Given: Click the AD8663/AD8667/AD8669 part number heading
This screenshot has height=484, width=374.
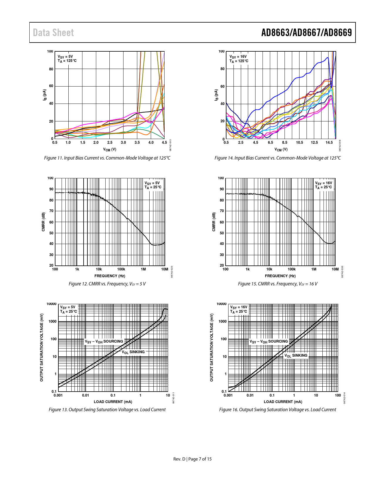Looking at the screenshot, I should [x=306, y=33].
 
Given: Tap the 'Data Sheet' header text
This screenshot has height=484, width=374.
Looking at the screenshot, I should [x=53, y=33].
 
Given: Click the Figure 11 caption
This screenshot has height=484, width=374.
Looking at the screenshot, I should [x=107, y=158].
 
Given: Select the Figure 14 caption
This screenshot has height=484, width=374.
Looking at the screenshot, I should [x=277, y=158].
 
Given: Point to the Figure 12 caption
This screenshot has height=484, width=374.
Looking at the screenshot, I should [x=107, y=284].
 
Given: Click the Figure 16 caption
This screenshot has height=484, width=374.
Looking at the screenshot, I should [x=277, y=410].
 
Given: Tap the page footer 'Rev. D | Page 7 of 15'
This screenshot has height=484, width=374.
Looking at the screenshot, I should [x=192, y=459].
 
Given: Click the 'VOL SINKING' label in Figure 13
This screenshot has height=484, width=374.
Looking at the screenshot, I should [x=133, y=352].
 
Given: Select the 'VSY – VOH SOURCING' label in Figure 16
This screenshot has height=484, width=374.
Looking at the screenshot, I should [x=268, y=341].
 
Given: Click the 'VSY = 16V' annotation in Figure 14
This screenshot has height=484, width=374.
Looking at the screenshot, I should [x=238, y=57].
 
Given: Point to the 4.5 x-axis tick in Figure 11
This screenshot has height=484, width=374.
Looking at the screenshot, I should [x=164, y=143].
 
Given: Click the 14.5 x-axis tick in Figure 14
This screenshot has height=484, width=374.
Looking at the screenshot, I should [x=329, y=143].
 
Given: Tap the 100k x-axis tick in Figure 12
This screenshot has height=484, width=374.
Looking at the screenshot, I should [x=121, y=269].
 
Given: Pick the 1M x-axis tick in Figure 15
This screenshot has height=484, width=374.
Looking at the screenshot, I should [x=314, y=269].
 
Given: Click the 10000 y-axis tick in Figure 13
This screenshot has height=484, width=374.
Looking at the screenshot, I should [x=51, y=304].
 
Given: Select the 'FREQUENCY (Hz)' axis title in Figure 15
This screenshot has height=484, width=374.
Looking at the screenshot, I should [x=280, y=276].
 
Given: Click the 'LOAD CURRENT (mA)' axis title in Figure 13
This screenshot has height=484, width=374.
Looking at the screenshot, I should [x=113, y=402].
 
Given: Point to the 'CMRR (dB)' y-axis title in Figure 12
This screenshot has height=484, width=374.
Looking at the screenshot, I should [x=43, y=222].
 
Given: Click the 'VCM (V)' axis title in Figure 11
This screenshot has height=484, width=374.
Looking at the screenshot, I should [x=110, y=150].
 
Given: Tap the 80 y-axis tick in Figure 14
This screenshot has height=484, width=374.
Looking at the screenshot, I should [x=222, y=69].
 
